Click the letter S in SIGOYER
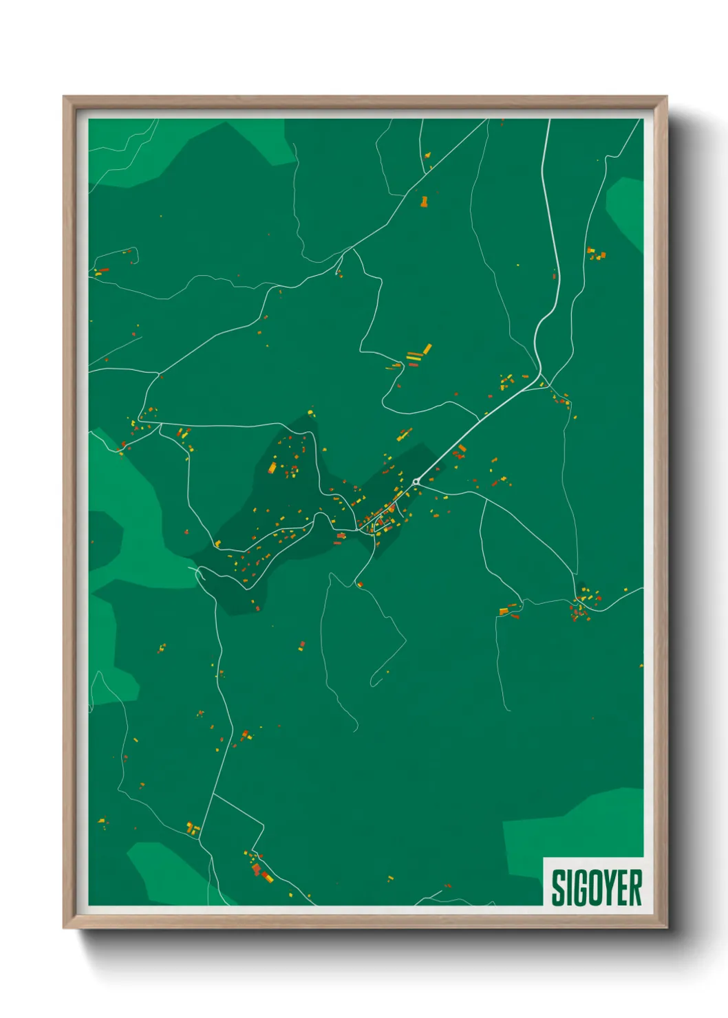point(558,887)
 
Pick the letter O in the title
point(594,887)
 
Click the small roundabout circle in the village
point(416,481)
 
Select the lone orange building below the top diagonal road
point(424,202)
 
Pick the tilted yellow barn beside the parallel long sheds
point(427,349)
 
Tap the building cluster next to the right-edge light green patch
point(595,254)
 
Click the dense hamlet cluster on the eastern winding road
point(581,607)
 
